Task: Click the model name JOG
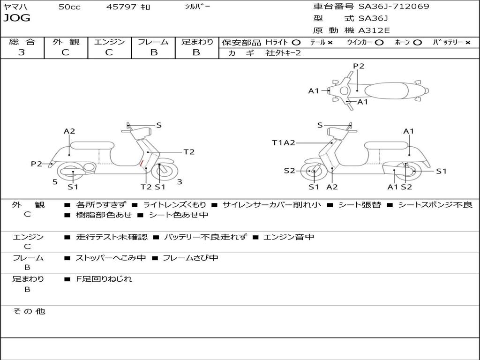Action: click(x=16, y=18)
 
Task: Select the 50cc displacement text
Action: click(x=69, y=7)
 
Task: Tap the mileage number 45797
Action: click(x=121, y=7)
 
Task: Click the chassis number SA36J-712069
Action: click(x=394, y=7)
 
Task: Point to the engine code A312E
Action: click(x=374, y=31)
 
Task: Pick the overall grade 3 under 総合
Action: click(x=22, y=52)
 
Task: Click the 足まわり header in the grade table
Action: click(x=197, y=42)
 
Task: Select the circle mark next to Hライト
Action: click(x=296, y=43)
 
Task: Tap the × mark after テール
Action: click(x=330, y=43)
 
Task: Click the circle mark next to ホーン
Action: click(x=417, y=43)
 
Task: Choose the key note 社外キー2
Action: click(x=283, y=53)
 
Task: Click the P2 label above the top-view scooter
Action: click(x=359, y=66)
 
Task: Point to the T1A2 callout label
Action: click(x=284, y=143)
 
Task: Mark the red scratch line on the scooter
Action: click(x=142, y=163)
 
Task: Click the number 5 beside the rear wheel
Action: click(x=55, y=182)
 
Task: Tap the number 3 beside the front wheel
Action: click(x=180, y=182)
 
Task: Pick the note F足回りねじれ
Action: click(x=104, y=279)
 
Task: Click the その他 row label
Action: click(x=29, y=311)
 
